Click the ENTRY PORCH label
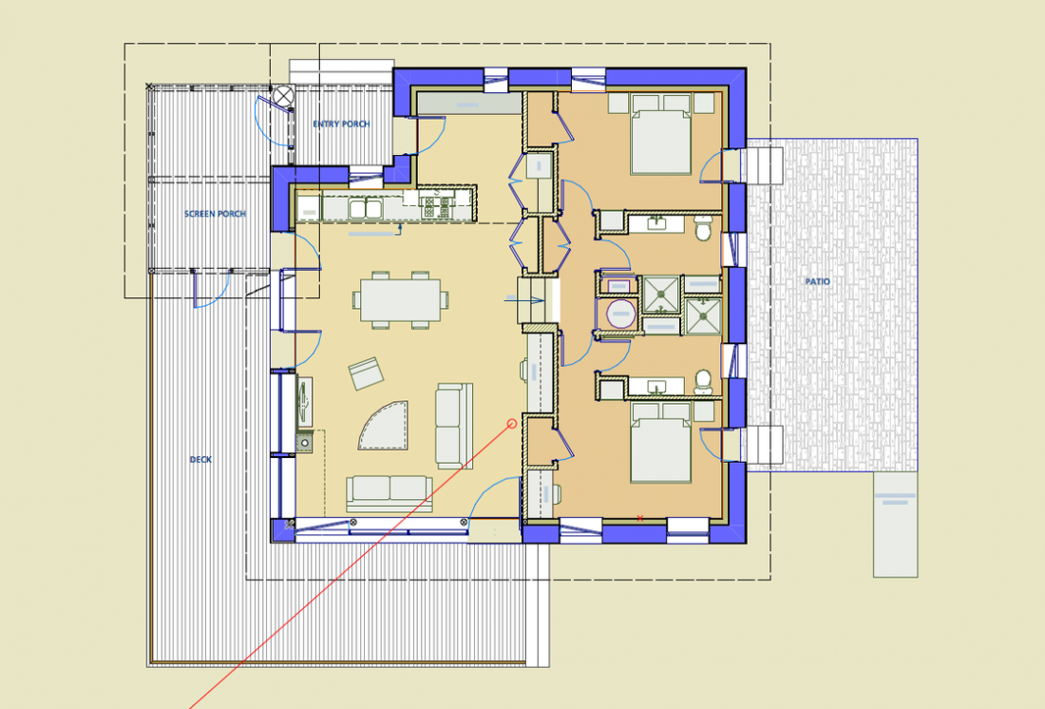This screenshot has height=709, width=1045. tap(340, 125)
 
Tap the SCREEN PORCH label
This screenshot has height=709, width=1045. tap(215, 214)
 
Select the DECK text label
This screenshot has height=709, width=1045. tap(199, 460)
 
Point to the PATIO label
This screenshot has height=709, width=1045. tap(817, 281)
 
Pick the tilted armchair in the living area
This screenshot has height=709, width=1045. tap(367, 374)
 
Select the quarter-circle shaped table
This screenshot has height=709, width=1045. tap(386, 426)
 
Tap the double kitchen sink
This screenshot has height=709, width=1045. tap(365, 207)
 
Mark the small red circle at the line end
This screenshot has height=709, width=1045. tap(512, 423)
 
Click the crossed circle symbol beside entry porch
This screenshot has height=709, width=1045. tap(284, 95)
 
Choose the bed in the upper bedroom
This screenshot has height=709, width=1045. tap(661, 142)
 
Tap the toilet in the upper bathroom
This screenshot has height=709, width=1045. tap(704, 228)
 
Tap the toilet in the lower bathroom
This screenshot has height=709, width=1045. tap(704, 381)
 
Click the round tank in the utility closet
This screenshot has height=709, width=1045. tap(620, 314)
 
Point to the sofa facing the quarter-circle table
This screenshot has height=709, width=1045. tap(453, 426)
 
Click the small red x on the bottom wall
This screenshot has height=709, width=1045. tap(640, 518)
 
